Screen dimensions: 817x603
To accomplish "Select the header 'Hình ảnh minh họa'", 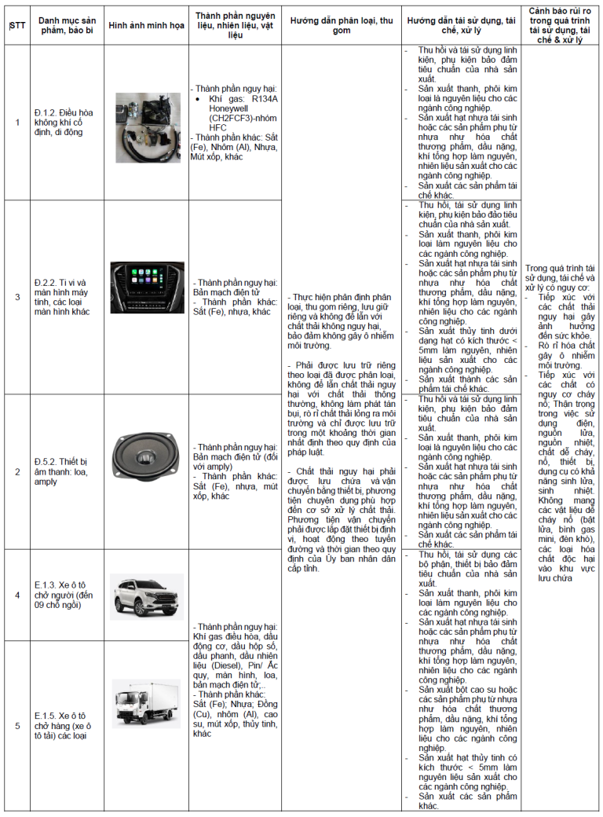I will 145,25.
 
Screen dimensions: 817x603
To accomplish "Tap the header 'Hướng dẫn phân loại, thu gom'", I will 341,25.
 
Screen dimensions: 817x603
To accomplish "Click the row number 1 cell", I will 17,123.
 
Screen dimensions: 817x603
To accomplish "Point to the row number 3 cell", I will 17,297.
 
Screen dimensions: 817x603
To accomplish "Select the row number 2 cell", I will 17,471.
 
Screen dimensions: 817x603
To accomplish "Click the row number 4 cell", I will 17,595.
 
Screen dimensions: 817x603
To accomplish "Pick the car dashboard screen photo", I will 147,288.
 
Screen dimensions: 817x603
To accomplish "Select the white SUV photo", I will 147,595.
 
